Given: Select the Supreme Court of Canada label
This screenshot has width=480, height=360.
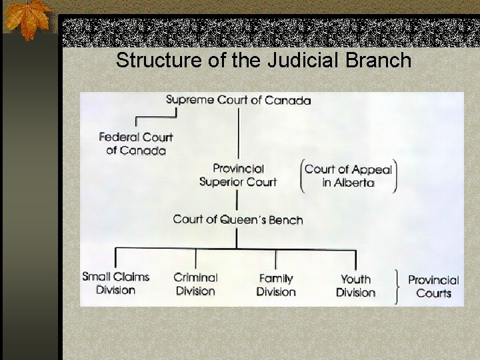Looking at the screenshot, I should point(238,100).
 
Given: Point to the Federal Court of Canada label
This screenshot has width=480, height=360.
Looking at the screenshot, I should point(136,143).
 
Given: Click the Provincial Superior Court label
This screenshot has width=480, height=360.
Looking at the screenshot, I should point(238,175).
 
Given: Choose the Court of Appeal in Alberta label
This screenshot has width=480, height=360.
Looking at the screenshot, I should point(348,176).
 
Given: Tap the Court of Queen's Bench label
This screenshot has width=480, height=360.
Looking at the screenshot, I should point(238,219).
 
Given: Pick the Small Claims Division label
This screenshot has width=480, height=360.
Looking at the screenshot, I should point(115,283).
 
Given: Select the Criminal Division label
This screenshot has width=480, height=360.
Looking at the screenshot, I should point(195,284).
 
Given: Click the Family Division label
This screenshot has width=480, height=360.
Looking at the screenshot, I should point(276,285).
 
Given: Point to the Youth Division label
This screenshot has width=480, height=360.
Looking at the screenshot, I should point(355,285).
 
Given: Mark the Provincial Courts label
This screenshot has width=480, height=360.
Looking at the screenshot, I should point(433,287).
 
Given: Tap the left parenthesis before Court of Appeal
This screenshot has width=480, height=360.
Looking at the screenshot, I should point(302,176).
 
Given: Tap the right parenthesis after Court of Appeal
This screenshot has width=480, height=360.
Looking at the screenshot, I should point(395,176).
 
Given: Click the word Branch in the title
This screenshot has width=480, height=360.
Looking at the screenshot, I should point(378,61).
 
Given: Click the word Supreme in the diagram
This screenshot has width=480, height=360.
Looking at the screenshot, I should point(189,100).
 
